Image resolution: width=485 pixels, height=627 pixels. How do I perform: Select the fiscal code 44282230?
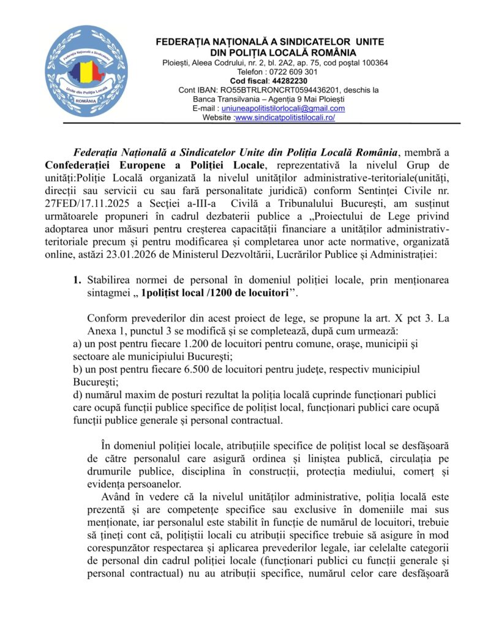click(290, 81)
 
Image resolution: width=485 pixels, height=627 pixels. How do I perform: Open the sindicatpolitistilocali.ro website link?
click(285, 118)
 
